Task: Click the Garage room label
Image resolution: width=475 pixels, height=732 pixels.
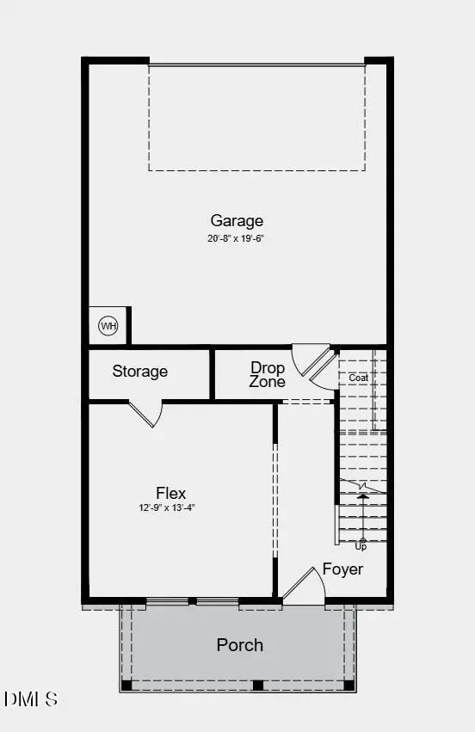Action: (237, 221)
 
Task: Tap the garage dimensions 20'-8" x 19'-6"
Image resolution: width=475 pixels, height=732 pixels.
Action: (235, 238)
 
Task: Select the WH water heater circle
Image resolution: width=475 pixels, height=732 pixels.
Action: (108, 326)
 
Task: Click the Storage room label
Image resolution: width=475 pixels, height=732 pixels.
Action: (139, 372)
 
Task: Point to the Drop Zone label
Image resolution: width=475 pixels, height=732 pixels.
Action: (268, 374)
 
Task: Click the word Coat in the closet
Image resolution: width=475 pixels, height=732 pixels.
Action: (358, 378)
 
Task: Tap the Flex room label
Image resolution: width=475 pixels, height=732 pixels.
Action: (170, 493)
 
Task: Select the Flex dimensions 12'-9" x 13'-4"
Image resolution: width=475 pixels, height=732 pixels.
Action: (170, 507)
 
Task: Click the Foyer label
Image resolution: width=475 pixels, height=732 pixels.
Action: (342, 569)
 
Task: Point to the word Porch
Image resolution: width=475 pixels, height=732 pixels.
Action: (239, 645)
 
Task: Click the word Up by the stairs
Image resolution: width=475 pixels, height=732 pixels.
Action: (361, 546)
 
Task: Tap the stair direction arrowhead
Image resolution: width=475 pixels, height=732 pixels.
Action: (362, 495)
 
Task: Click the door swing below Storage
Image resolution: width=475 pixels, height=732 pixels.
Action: (146, 413)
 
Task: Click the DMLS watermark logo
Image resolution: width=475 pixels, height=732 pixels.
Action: (31, 698)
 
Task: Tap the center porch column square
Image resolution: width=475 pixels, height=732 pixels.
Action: (257, 686)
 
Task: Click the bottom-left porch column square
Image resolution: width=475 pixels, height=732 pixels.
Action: (126, 686)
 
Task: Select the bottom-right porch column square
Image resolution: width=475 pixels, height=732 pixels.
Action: (349, 686)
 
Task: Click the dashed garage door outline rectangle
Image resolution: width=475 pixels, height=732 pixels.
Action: (256, 117)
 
